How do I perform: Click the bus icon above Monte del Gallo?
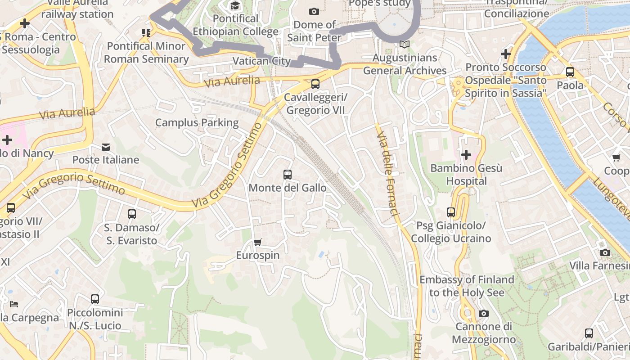tap(287, 175)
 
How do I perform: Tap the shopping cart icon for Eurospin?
tap(257, 243)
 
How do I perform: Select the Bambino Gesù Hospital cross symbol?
tap(466, 155)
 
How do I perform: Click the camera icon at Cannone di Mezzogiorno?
tap(484, 313)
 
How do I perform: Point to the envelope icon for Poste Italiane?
tap(106, 147)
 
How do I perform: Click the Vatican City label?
tap(261, 61)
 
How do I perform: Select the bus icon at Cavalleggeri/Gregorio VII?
tap(315, 84)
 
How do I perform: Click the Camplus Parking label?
tap(197, 122)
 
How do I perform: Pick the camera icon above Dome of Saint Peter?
tap(314, 11)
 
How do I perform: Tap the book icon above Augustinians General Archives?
tap(405, 44)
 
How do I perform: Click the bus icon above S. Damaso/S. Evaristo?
tap(131, 214)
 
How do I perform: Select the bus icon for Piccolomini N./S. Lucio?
tap(94, 299)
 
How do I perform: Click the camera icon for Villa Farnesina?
tap(605, 252)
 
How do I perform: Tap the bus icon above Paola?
tap(570, 72)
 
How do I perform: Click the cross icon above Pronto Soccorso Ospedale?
tap(506, 54)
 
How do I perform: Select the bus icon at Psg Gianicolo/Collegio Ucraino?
tap(451, 212)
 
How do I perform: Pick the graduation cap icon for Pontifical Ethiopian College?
tap(235, 6)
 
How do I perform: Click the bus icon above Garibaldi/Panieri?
tap(589, 333)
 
